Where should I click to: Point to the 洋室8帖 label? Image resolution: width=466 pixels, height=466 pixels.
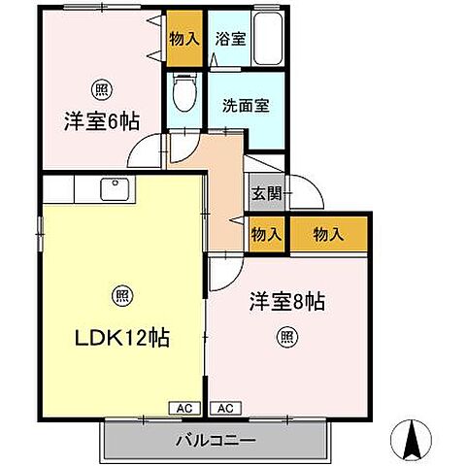coord(288,303)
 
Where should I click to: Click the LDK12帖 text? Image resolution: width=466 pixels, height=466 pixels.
coord(122,338)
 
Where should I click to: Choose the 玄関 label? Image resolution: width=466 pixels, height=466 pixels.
coord(266,193)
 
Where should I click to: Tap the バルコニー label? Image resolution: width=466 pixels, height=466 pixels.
coord(216,440)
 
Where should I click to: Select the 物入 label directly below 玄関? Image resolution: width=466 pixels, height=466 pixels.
coord(265,233)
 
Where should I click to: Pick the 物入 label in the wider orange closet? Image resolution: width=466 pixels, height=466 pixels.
coord(329,233)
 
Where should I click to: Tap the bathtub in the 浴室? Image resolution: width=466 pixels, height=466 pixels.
coord(267,41)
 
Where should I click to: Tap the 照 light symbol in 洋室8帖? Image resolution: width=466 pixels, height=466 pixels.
coord(288,338)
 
